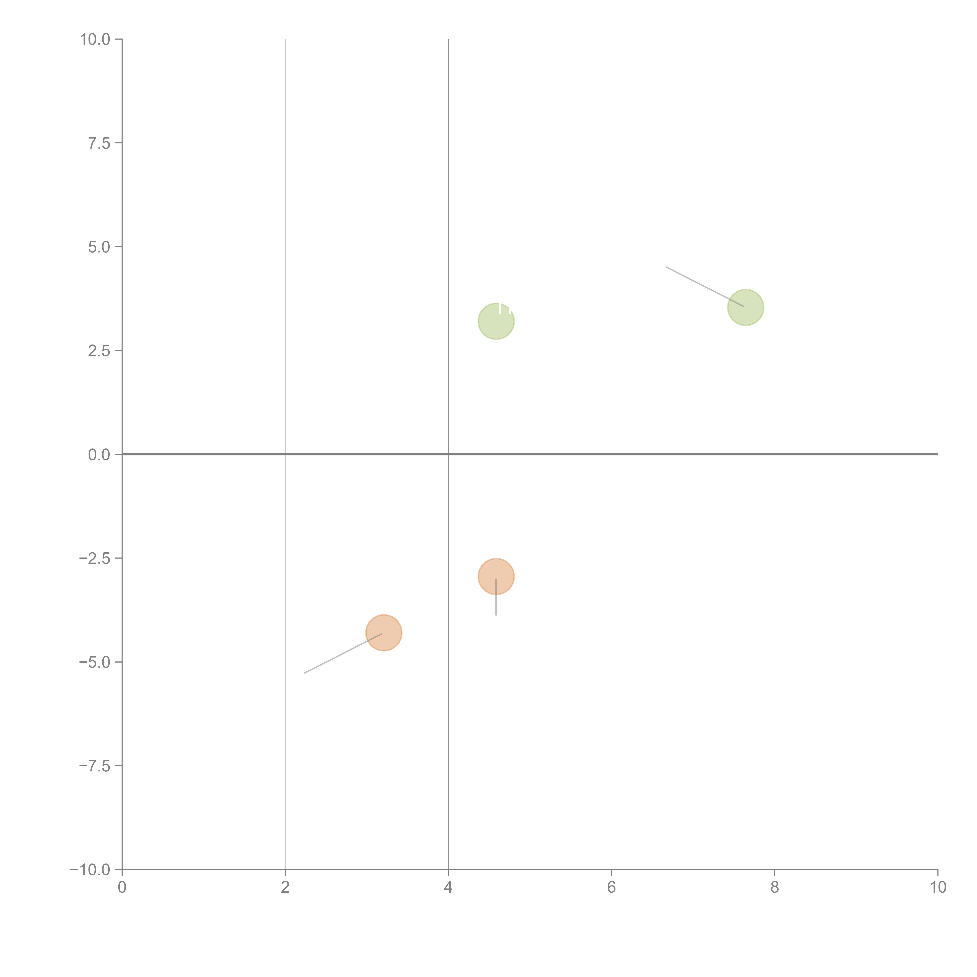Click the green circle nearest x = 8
[745, 307]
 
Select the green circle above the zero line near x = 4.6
[496, 322]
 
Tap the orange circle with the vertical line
[496, 576]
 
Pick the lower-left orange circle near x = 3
[384, 633]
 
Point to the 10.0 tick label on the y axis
[95, 39]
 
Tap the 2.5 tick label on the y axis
[99, 351]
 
